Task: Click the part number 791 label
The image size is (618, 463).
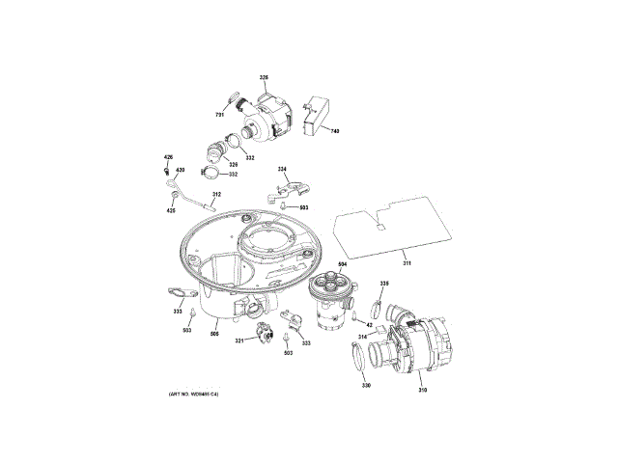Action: pyautogui.click(x=220, y=115)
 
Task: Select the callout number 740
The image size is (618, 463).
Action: pyautogui.click(x=334, y=131)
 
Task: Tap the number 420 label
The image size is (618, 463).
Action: pyautogui.click(x=180, y=170)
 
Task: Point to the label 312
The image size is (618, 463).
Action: pyautogui.click(x=217, y=195)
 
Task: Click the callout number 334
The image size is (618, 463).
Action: pyautogui.click(x=283, y=170)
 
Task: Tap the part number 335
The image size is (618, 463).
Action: pyautogui.click(x=383, y=283)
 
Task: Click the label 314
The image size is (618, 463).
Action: pyautogui.click(x=362, y=336)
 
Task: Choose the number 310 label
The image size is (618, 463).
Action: pyautogui.click(x=422, y=390)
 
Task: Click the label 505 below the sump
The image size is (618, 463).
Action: pyautogui.click(x=214, y=333)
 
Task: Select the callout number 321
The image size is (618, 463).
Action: pyautogui.click(x=239, y=340)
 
